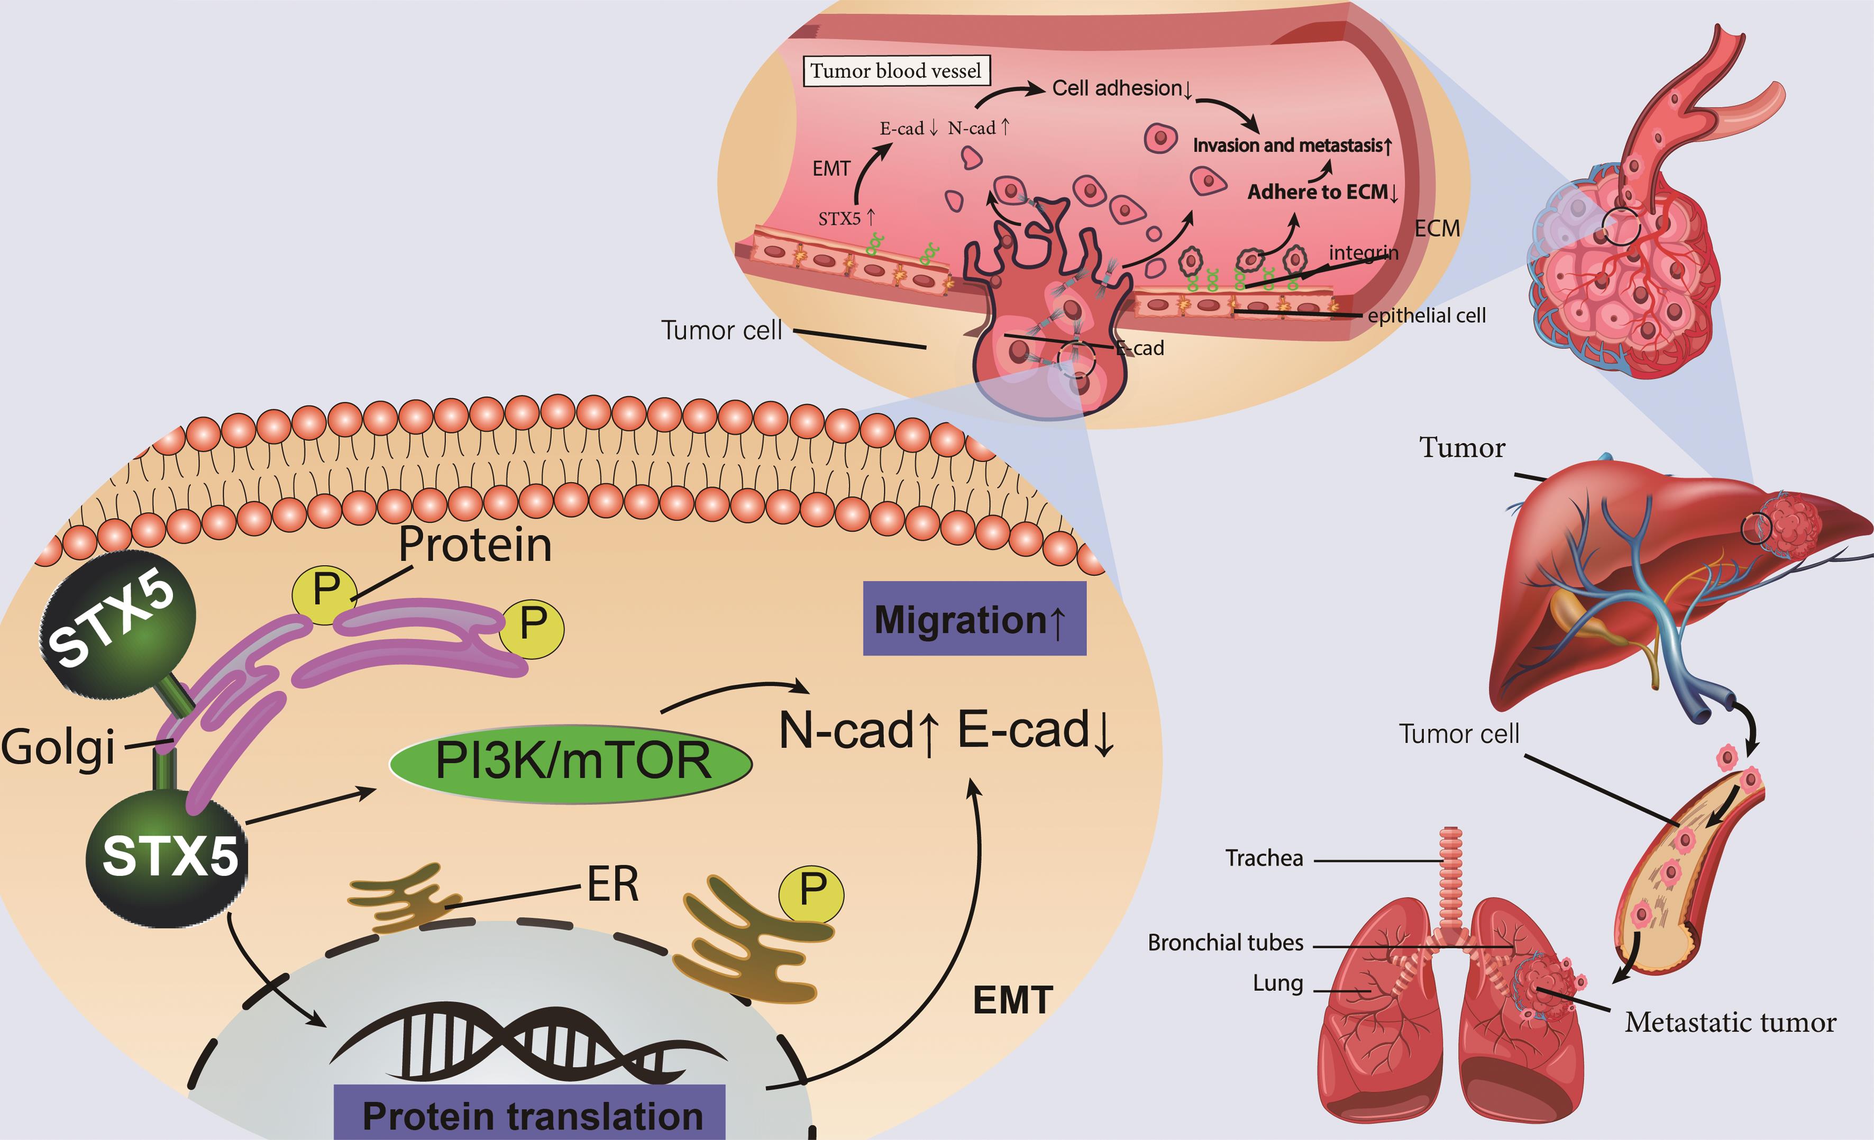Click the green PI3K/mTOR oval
tap(570, 763)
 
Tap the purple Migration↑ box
tap(974, 619)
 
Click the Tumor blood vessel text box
tap(896, 71)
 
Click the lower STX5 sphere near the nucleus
tap(167, 857)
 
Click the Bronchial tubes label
tap(1224, 943)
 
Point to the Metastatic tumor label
tap(1730, 1021)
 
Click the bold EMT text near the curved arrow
tap(1012, 1000)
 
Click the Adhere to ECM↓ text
tap(1322, 192)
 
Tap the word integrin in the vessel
tap(1363, 252)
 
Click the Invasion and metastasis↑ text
tap(1292, 146)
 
